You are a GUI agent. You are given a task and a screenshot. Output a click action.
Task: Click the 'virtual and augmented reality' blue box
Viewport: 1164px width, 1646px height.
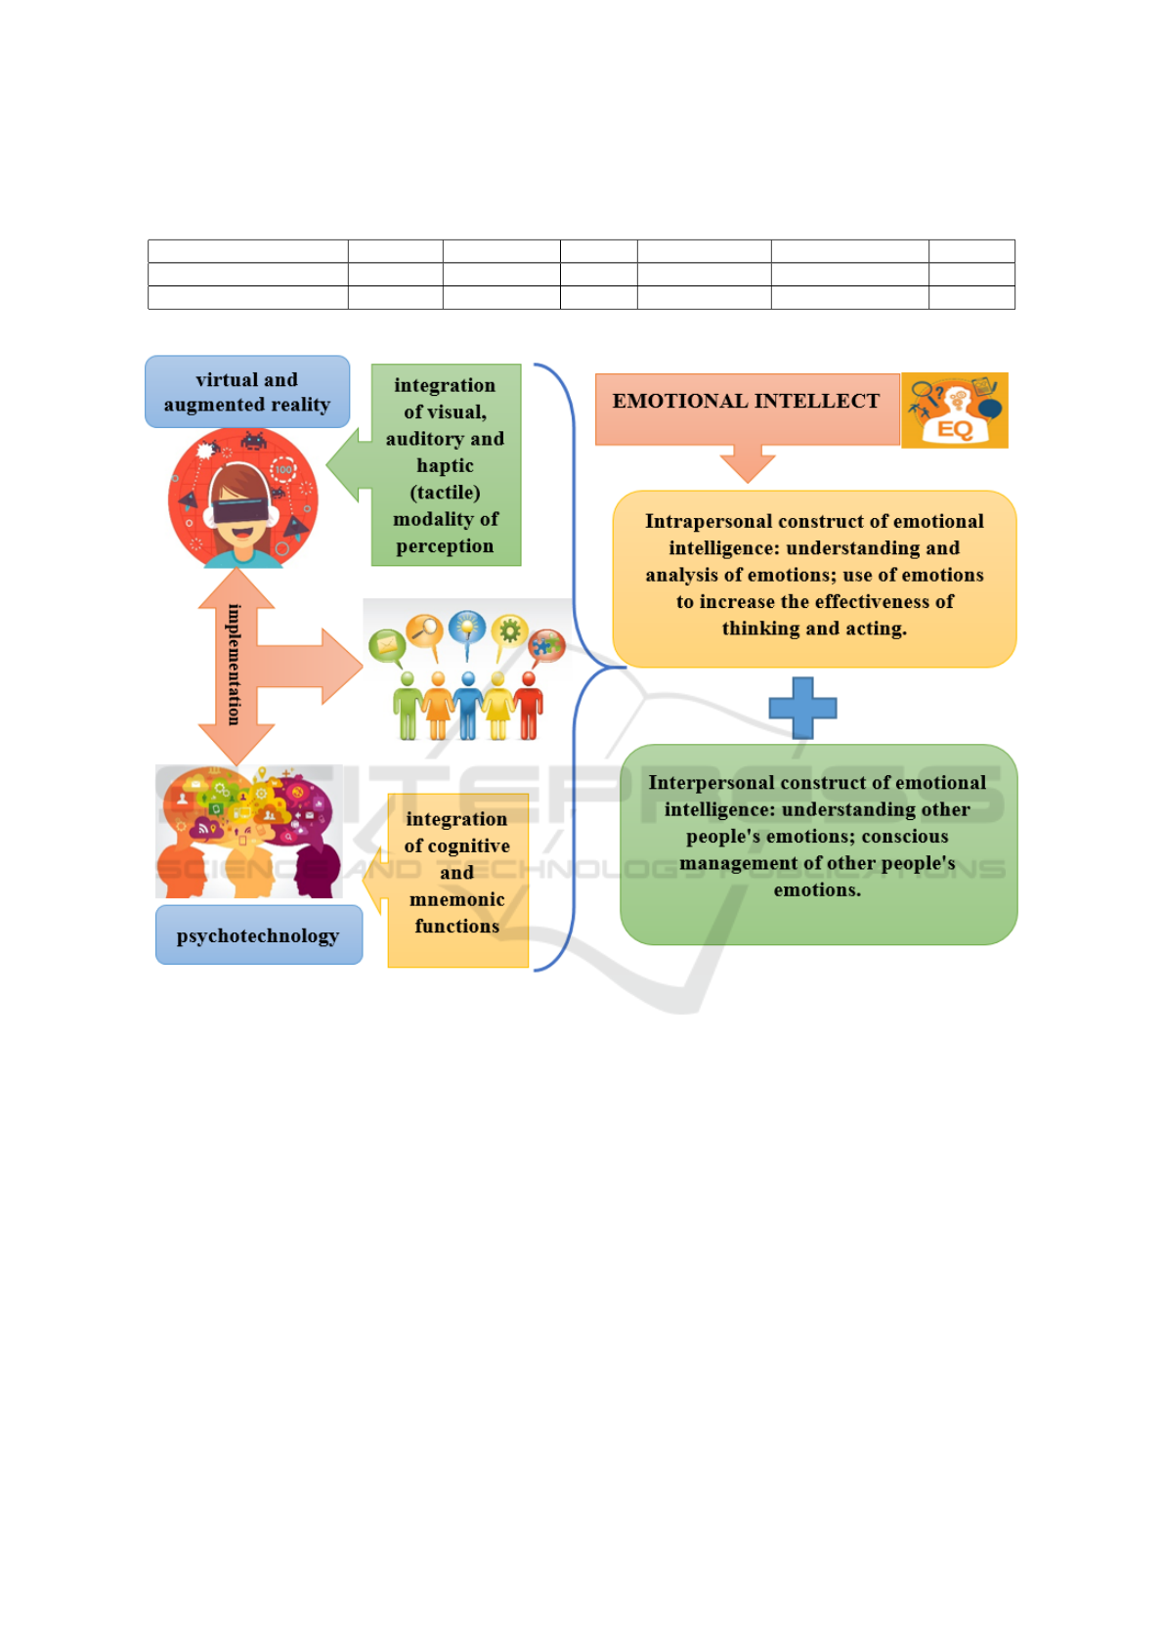click(246, 392)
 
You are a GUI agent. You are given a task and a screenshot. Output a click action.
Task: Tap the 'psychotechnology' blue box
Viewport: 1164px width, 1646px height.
click(258, 935)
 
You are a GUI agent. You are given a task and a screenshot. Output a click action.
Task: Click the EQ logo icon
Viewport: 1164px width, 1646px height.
click(955, 411)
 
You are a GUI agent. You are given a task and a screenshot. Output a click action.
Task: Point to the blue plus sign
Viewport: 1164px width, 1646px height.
click(802, 708)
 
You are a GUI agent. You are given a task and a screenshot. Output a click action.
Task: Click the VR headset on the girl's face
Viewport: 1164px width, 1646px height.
click(240, 508)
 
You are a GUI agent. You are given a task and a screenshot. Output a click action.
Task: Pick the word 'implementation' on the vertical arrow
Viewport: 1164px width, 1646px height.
click(235, 665)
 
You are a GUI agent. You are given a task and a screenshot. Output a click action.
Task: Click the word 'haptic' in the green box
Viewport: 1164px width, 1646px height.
click(445, 466)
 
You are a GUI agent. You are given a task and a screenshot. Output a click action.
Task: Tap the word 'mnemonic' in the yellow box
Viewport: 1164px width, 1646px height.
click(456, 899)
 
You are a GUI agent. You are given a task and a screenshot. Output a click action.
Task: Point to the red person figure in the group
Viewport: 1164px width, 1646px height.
click(529, 706)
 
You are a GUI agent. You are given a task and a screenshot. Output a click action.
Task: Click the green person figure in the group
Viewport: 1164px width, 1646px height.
click(408, 706)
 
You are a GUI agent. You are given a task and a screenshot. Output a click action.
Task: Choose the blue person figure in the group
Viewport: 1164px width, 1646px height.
click(468, 706)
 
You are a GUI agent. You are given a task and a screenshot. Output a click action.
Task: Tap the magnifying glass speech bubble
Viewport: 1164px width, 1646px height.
click(425, 629)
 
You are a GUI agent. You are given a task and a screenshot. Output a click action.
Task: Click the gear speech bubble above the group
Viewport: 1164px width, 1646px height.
click(509, 630)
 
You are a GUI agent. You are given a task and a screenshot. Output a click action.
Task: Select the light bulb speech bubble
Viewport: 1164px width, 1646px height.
click(467, 627)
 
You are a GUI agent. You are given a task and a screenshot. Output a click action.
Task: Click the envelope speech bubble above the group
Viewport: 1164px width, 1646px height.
click(387, 645)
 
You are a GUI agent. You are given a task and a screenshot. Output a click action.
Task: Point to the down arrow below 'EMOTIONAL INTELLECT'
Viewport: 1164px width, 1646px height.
click(748, 462)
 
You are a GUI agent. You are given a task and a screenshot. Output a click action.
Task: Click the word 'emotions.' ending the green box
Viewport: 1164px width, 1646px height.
click(817, 890)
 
